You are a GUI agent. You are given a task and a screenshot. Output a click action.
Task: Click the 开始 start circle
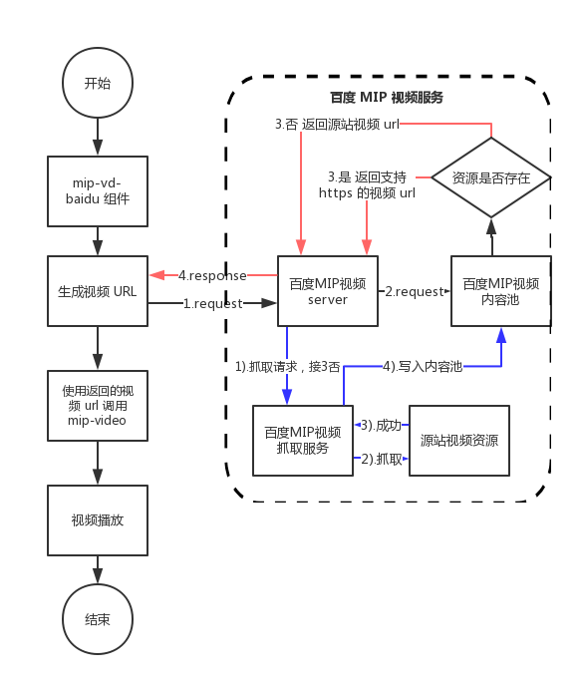coord(98,83)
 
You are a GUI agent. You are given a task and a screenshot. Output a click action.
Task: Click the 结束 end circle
coord(98,619)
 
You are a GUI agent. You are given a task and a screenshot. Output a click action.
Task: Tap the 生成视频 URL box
coord(98,291)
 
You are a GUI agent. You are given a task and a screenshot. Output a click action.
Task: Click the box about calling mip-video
coord(98,406)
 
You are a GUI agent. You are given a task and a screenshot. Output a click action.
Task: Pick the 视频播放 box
coord(98,520)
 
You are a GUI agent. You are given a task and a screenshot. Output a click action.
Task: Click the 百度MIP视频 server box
coord(328,291)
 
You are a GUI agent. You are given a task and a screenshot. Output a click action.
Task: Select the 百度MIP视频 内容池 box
coord(500,291)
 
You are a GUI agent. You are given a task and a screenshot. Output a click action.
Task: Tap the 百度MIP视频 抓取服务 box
coord(303,441)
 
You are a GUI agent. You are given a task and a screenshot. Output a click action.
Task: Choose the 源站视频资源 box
coord(459,441)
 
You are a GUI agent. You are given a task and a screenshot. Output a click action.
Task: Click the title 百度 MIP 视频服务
coord(387,98)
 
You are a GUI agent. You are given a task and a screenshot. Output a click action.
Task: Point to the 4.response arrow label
coord(211,274)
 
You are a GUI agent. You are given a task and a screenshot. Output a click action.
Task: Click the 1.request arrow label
coord(212,304)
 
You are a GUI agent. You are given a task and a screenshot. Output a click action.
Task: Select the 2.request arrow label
coord(414,291)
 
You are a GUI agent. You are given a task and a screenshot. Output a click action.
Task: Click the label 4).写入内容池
coord(424,366)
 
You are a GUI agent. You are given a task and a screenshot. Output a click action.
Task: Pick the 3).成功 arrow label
coord(381,424)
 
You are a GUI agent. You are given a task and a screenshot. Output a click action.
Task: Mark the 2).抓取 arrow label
coord(381,459)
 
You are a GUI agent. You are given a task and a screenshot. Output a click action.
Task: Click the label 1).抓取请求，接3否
coord(287,366)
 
